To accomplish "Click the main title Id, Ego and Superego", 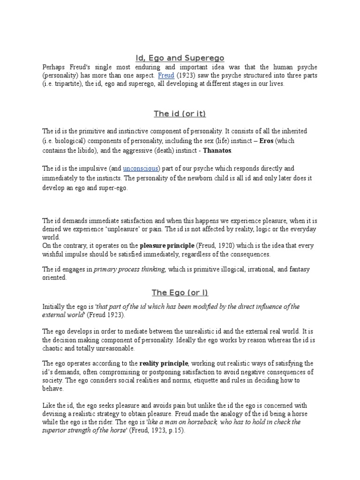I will click(180, 58).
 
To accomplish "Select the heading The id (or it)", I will click(180, 113).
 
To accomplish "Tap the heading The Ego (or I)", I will click(180, 293).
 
